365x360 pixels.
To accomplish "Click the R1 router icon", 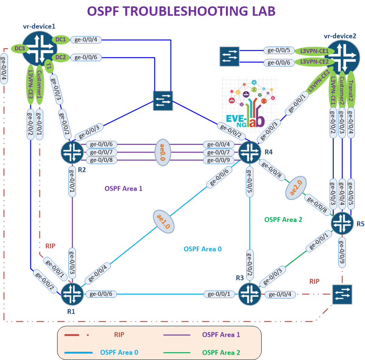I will (x=72, y=294).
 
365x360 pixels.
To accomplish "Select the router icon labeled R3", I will (x=249, y=294).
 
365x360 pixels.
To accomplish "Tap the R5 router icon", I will (x=342, y=223).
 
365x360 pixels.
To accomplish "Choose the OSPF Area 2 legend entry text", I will (x=221, y=352).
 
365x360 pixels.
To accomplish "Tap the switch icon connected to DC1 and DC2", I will (x=163, y=101).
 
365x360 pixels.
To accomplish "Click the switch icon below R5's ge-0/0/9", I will (x=342, y=294).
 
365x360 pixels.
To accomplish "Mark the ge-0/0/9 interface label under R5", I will (x=342, y=252).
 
